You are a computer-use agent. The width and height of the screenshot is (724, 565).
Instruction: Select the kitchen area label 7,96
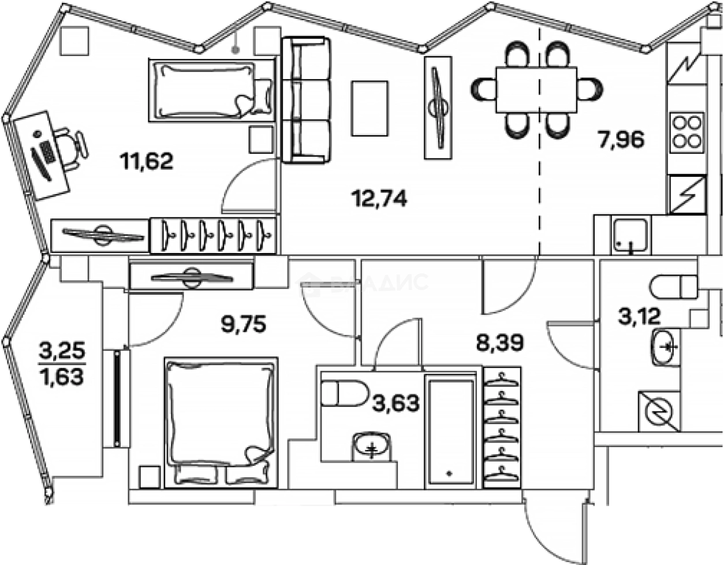click(x=621, y=140)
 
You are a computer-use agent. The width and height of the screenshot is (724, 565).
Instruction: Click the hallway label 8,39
click(x=499, y=344)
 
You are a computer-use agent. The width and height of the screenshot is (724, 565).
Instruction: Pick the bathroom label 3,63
click(x=395, y=403)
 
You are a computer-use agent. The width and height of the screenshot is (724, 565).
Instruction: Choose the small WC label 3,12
click(x=639, y=316)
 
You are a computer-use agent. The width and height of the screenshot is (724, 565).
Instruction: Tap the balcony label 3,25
click(x=62, y=350)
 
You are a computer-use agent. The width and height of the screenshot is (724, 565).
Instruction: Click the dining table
click(x=536, y=90)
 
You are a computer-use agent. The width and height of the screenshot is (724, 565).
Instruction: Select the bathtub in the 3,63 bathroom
click(x=450, y=430)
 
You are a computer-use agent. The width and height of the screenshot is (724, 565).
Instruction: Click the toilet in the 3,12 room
click(x=673, y=287)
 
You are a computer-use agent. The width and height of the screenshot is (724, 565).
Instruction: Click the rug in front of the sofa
click(x=370, y=108)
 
